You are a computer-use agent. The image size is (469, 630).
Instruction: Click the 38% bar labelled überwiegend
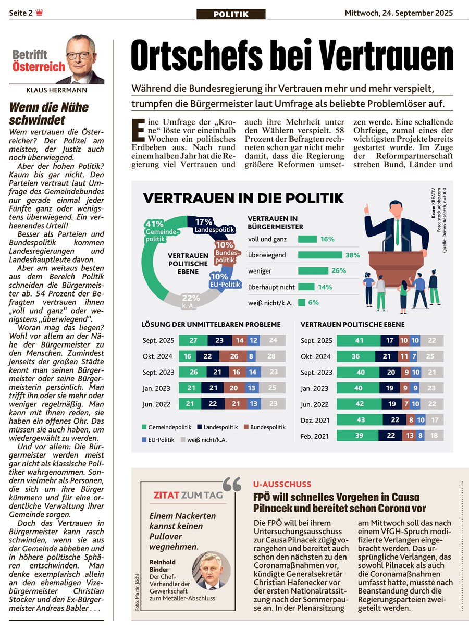tap(320, 255)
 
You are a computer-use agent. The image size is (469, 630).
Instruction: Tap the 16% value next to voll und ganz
tap(327, 239)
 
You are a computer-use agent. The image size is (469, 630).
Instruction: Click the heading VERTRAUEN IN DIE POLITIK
tap(243, 198)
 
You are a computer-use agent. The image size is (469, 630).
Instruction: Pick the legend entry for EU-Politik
tap(160, 439)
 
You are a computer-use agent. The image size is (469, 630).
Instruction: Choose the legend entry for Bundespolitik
tap(264, 427)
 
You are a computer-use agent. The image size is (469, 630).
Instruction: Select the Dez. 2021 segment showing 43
tap(360, 420)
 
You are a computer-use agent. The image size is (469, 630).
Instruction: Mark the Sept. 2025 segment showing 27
tap(193, 341)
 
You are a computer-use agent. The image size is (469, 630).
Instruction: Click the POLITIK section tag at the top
tap(231, 14)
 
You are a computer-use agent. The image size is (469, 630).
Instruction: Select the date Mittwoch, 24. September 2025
tap(399, 13)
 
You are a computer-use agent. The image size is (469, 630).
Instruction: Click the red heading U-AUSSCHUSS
tap(282, 484)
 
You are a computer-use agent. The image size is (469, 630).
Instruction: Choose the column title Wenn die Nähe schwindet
tap(50, 114)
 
